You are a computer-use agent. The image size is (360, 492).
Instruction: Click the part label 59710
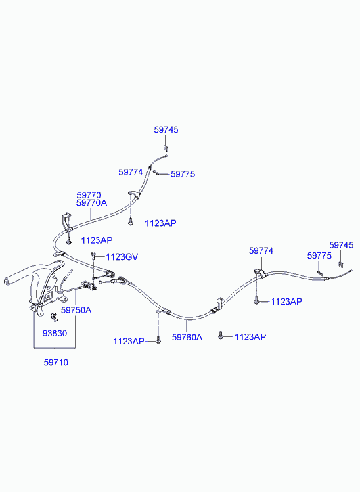56,363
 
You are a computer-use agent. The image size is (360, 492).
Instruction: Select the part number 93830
55,333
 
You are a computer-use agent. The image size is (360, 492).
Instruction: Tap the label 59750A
76,310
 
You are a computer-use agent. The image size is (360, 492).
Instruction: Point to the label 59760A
187,337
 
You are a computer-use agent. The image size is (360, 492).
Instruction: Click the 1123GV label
122,257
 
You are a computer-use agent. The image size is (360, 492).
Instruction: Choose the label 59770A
91,203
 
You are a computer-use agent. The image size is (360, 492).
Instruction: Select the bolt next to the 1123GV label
93,254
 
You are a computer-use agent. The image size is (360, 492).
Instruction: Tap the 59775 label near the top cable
183,174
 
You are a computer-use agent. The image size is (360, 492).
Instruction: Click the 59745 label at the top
166,130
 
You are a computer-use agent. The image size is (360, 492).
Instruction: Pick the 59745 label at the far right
341,245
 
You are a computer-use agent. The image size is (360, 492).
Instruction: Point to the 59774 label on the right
261,251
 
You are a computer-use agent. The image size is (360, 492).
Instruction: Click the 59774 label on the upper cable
131,172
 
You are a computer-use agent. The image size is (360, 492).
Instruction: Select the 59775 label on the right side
319,256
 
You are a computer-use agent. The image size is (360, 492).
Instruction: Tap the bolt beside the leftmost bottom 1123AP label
158,341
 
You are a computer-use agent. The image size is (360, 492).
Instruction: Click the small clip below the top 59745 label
166,148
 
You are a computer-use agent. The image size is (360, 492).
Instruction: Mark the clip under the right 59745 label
340,264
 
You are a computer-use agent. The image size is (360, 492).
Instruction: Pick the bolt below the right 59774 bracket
256,302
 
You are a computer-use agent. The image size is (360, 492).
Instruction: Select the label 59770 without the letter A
89,195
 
